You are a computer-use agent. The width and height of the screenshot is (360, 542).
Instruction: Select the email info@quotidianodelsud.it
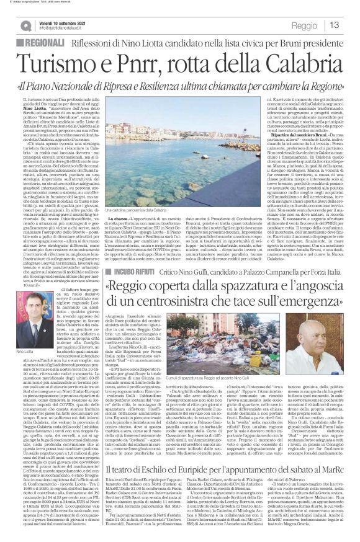point(65,29)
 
